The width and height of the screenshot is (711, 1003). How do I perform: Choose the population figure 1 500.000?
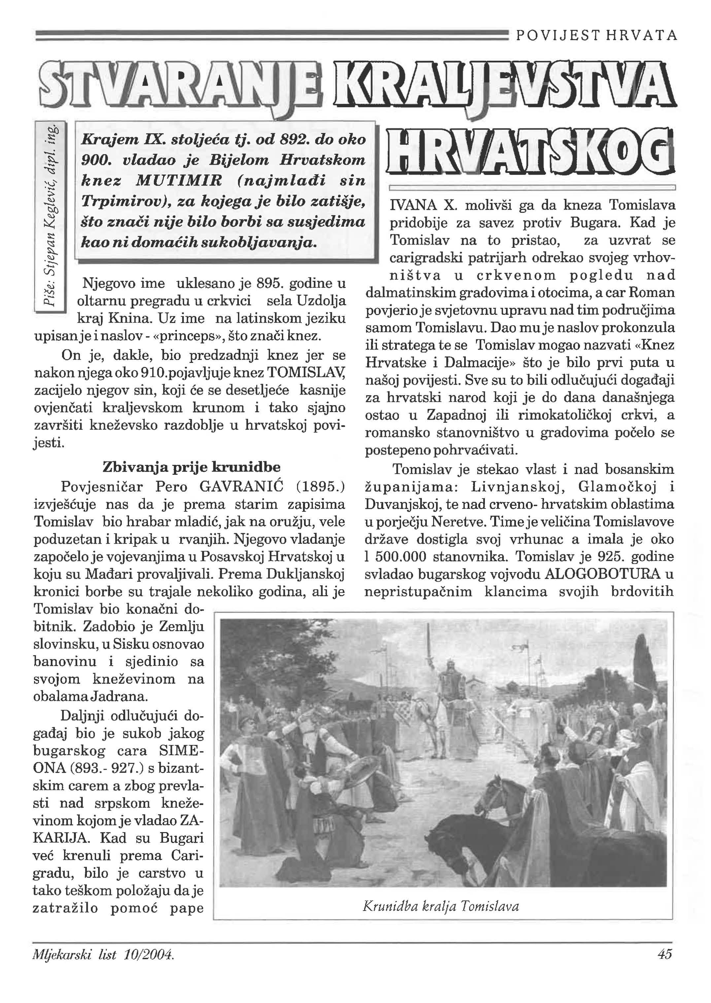click(x=395, y=557)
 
